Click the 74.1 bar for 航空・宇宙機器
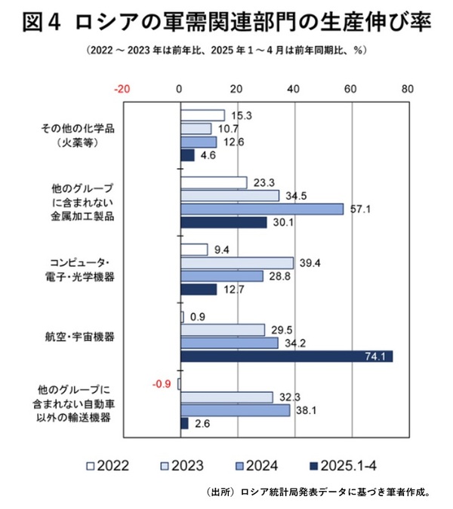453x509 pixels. [286, 356]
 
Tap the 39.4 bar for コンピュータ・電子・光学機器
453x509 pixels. [237, 262]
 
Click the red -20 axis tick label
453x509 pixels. [122, 89]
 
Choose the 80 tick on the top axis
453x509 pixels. [408, 89]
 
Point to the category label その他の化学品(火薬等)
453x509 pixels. [79, 135]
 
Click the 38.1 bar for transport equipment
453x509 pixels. [235, 410]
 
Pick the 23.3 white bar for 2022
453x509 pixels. [214, 182]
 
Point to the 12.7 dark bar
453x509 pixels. [199, 290]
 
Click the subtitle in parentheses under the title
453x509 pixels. [226, 51]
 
